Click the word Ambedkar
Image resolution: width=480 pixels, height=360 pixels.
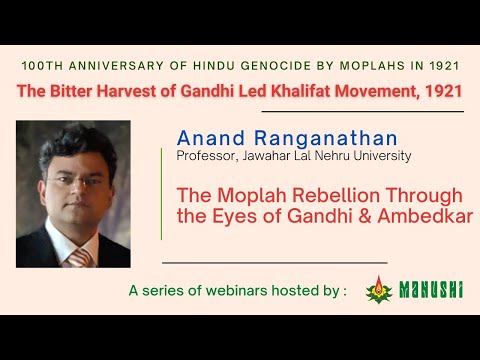(x=421, y=215)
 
